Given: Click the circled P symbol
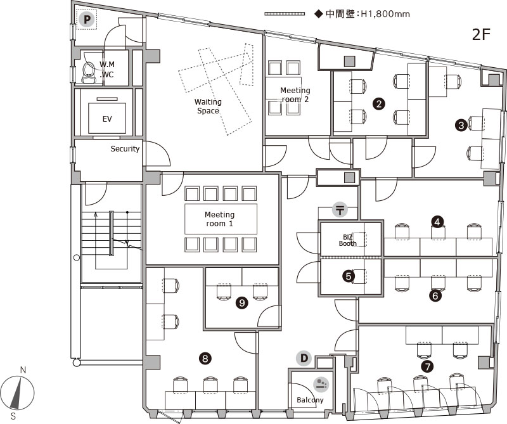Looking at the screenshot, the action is [x=87, y=20].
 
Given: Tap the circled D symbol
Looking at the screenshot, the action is [x=304, y=358].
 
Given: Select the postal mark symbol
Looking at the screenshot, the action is [x=340, y=210].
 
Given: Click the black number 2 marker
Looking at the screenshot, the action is [x=379, y=104].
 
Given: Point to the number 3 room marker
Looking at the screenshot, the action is [x=461, y=125].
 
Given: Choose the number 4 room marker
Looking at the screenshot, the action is [x=437, y=222].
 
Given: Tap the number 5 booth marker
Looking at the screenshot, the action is [x=349, y=276].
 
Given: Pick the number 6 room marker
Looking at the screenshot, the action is [x=435, y=295].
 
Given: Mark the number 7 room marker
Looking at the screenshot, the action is [x=427, y=366].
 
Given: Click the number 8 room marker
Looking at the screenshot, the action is [x=205, y=358].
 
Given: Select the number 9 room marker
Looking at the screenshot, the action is [x=242, y=303].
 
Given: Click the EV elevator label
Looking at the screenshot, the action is [x=107, y=119].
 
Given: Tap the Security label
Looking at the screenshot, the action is [x=125, y=149].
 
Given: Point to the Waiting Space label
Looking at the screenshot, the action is [x=208, y=106].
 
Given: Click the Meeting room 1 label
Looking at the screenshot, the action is [x=219, y=219].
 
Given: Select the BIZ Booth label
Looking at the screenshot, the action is [x=347, y=240].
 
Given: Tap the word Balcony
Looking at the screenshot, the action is [x=310, y=400].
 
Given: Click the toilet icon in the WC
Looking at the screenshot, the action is [x=88, y=72].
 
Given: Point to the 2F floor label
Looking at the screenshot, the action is [x=482, y=35].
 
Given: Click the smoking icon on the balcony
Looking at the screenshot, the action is [x=321, y=383].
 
